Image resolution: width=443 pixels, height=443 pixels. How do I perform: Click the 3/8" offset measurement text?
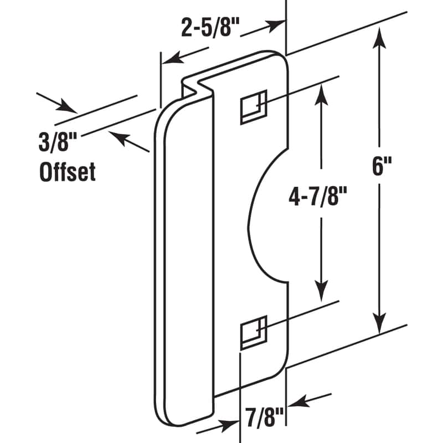tap(56, 143)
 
